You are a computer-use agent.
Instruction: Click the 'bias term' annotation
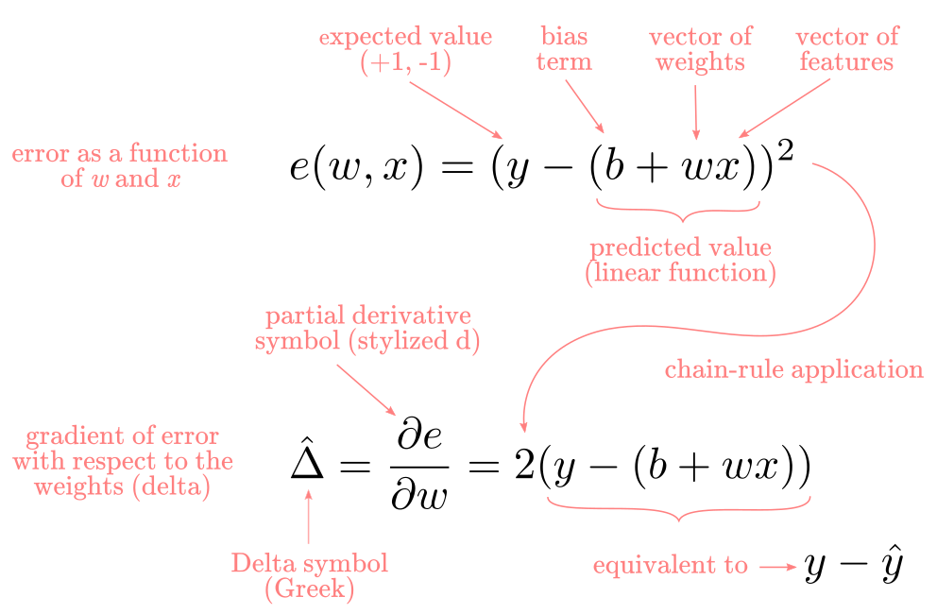[564, 49]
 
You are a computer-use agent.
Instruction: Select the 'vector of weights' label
[700, 49]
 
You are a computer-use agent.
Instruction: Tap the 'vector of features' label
[846, 49]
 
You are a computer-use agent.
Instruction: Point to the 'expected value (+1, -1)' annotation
[405, 50]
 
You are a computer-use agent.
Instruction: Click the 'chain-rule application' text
[794, 369]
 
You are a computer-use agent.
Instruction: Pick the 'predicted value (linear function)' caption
[681, 260]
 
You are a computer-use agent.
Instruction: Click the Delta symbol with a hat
[307, 459]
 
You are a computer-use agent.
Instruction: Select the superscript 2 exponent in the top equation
[785, 150]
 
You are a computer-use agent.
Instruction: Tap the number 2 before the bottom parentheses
[524, 465]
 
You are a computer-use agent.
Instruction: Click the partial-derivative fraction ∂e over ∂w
[418, 467]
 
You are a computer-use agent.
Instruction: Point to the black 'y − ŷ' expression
[853, 564]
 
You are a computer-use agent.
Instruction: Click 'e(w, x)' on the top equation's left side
[356, 167]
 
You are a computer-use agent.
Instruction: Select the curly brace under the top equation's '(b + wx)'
[678, 211]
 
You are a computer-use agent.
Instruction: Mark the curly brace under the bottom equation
[679, 509]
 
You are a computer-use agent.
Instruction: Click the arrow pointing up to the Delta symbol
[308, 517]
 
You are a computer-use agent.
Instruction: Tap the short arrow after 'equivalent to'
[778, 566]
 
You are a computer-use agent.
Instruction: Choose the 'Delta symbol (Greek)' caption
[310, 575]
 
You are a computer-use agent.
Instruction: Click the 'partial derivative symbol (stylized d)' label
[366, 328]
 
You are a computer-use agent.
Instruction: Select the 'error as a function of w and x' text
[120, 166]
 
